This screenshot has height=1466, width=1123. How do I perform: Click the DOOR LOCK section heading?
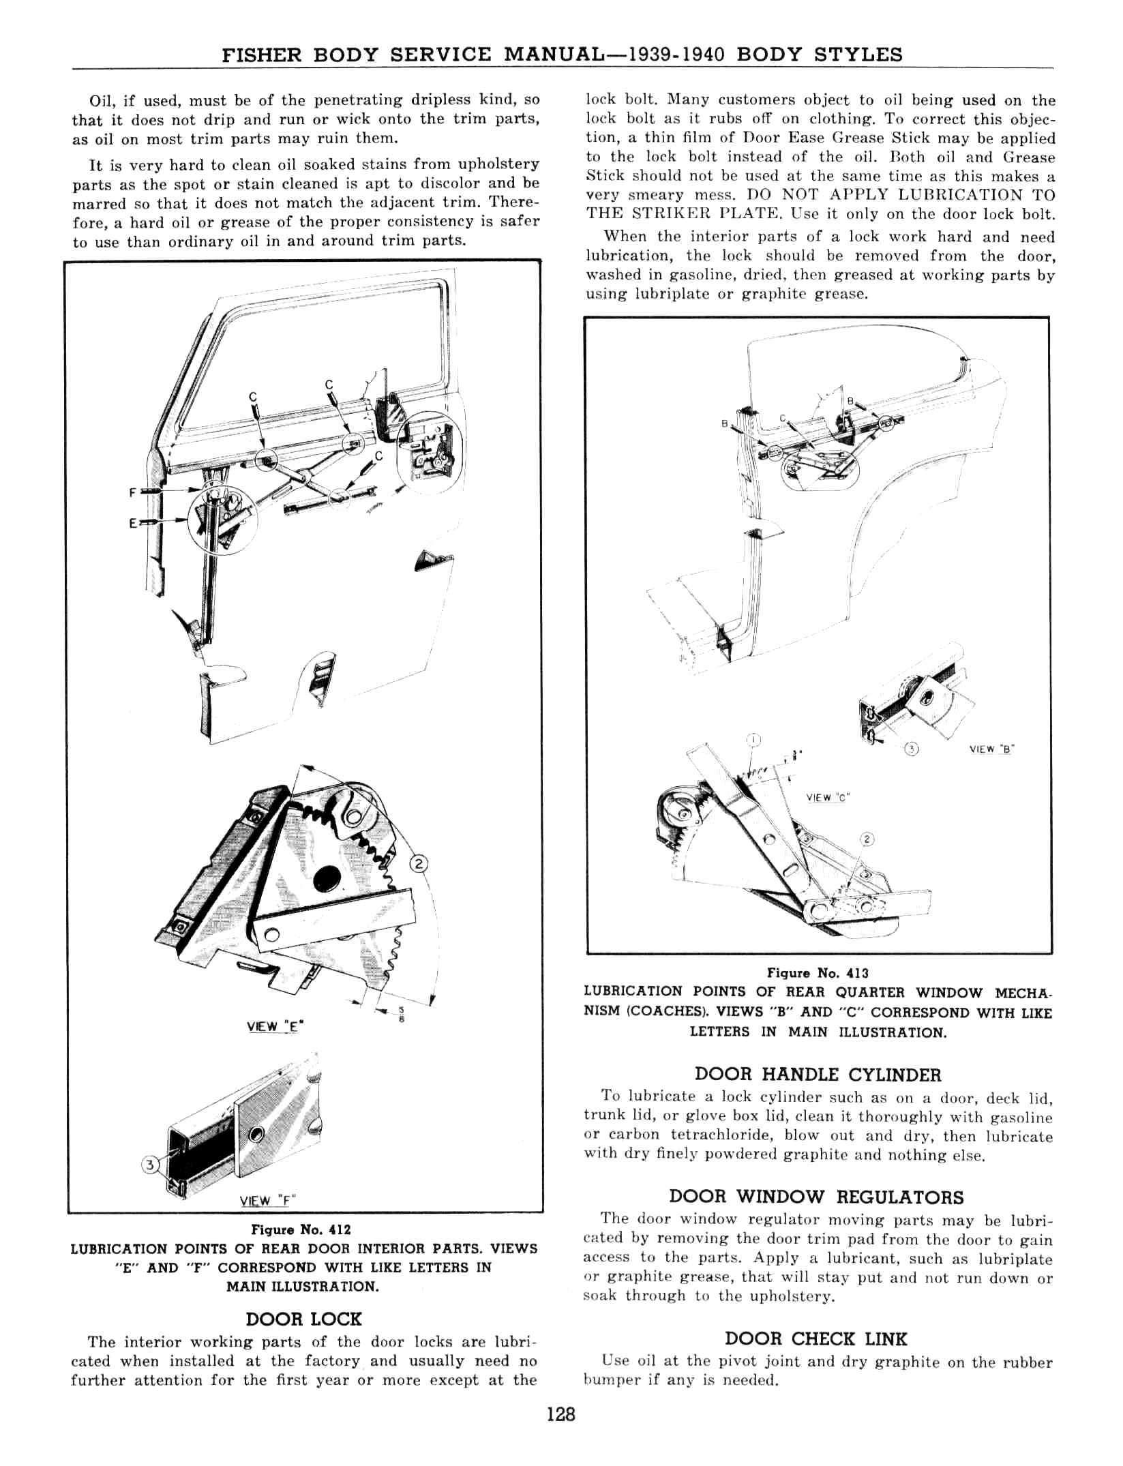303,1318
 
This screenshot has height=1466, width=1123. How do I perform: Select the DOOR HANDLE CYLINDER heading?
818,1075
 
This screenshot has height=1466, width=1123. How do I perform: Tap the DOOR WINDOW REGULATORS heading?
817,1197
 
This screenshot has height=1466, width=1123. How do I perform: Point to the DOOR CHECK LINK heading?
816,1338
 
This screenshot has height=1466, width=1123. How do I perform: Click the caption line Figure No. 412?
301,1229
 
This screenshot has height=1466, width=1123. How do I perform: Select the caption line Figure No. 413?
818,972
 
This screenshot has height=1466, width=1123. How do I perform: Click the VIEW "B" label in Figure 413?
991,749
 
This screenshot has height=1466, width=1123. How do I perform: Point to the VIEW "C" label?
826,797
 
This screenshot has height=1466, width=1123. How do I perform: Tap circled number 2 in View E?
418,865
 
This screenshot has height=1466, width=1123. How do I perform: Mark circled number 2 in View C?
867,839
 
